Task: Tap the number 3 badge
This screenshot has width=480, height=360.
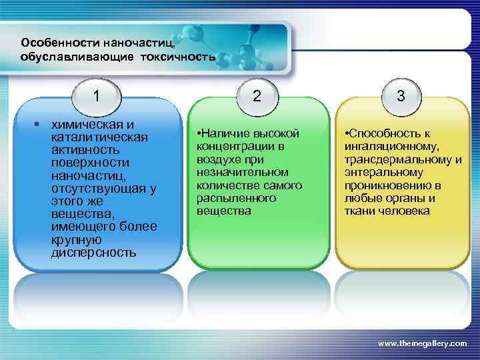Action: [x=401, y=96]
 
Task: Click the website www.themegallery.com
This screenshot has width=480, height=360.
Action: [x=423, y=343]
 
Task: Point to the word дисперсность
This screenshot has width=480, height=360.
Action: [x=93, y=253]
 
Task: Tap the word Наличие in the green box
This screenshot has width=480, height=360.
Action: [x=223, y=133]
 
